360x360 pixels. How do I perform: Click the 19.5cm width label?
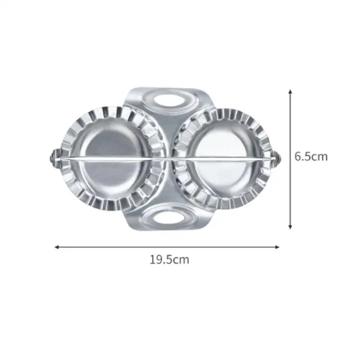(170, 260)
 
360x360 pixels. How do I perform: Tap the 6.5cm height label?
(311, 157)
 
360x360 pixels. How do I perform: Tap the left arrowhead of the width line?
(57, 247)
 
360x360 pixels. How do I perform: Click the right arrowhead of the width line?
(277, 247)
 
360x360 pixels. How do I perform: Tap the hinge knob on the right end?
(277, 158)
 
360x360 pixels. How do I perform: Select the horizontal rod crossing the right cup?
(225, 158)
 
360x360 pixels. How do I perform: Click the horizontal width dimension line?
(166, 247)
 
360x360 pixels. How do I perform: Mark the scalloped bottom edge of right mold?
(225, 206)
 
